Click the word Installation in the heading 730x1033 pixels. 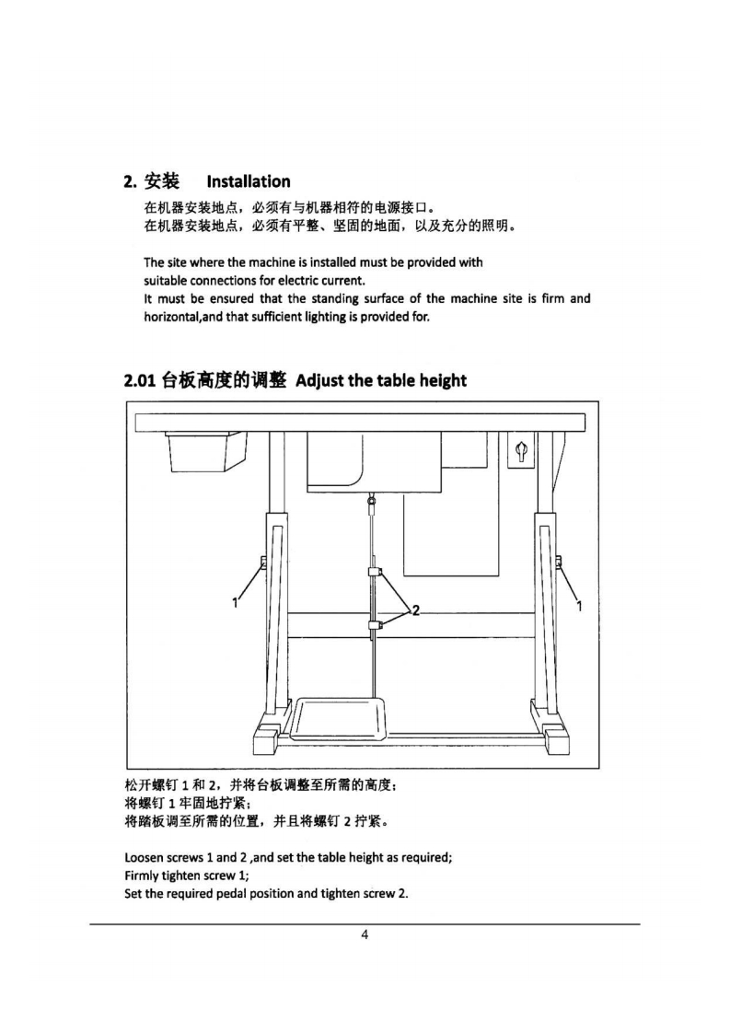(249, 181)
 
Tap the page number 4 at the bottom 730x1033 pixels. (365, 935)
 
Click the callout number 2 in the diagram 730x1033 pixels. (416, 609)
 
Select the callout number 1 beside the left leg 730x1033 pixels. (236, 604)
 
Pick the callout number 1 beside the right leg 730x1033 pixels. (579, 605)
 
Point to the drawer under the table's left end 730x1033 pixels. (206, 452)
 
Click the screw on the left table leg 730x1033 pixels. (263, 563)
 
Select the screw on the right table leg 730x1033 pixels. (558, 563)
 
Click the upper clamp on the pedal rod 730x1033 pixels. (373, 575)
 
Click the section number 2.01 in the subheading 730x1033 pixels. (140, 380)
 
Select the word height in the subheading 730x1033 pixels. (439, 380)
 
